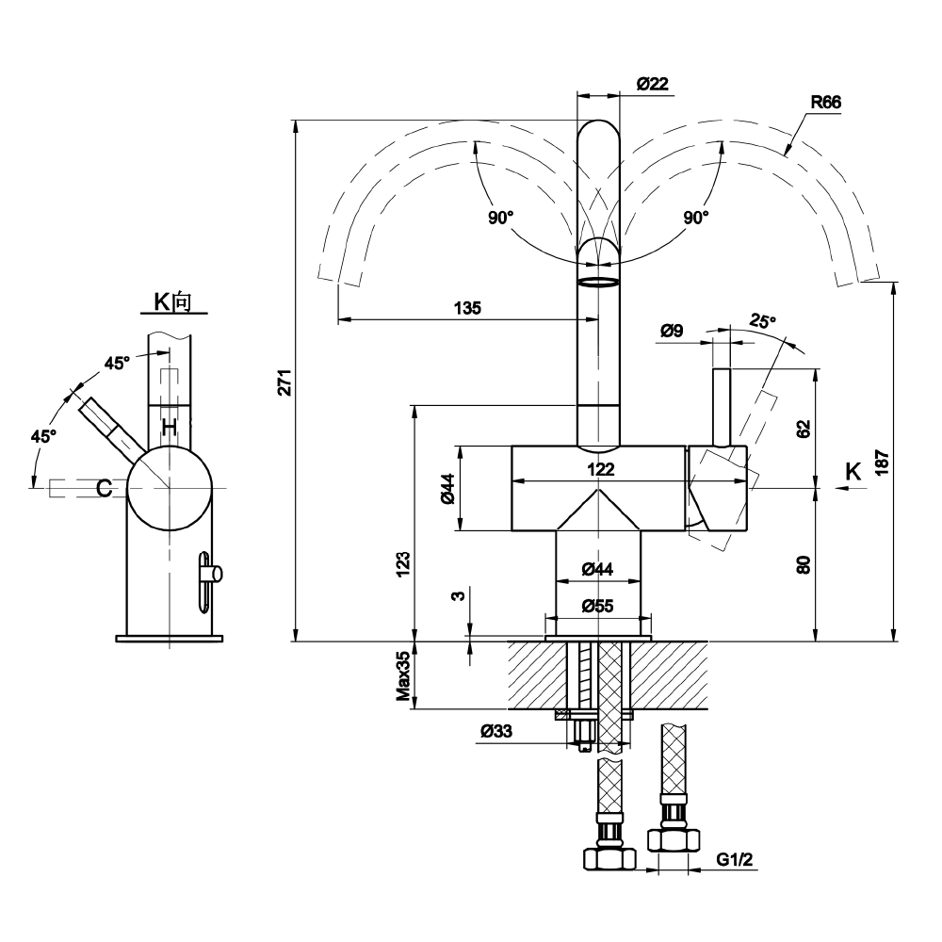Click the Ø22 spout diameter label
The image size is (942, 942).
tap(653, 84)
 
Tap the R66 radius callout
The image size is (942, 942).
tap(826, 102)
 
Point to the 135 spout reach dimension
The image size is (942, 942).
tap(467, 308)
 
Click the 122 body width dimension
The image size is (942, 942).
tap(601, 469)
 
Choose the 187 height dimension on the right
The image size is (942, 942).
tap(882, 462)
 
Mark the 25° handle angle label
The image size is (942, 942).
tap(762, 321)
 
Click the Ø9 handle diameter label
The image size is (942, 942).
tap(672, 331)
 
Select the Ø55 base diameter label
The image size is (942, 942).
tap(598, 606)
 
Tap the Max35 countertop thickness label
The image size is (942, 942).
tap(403, 675)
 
